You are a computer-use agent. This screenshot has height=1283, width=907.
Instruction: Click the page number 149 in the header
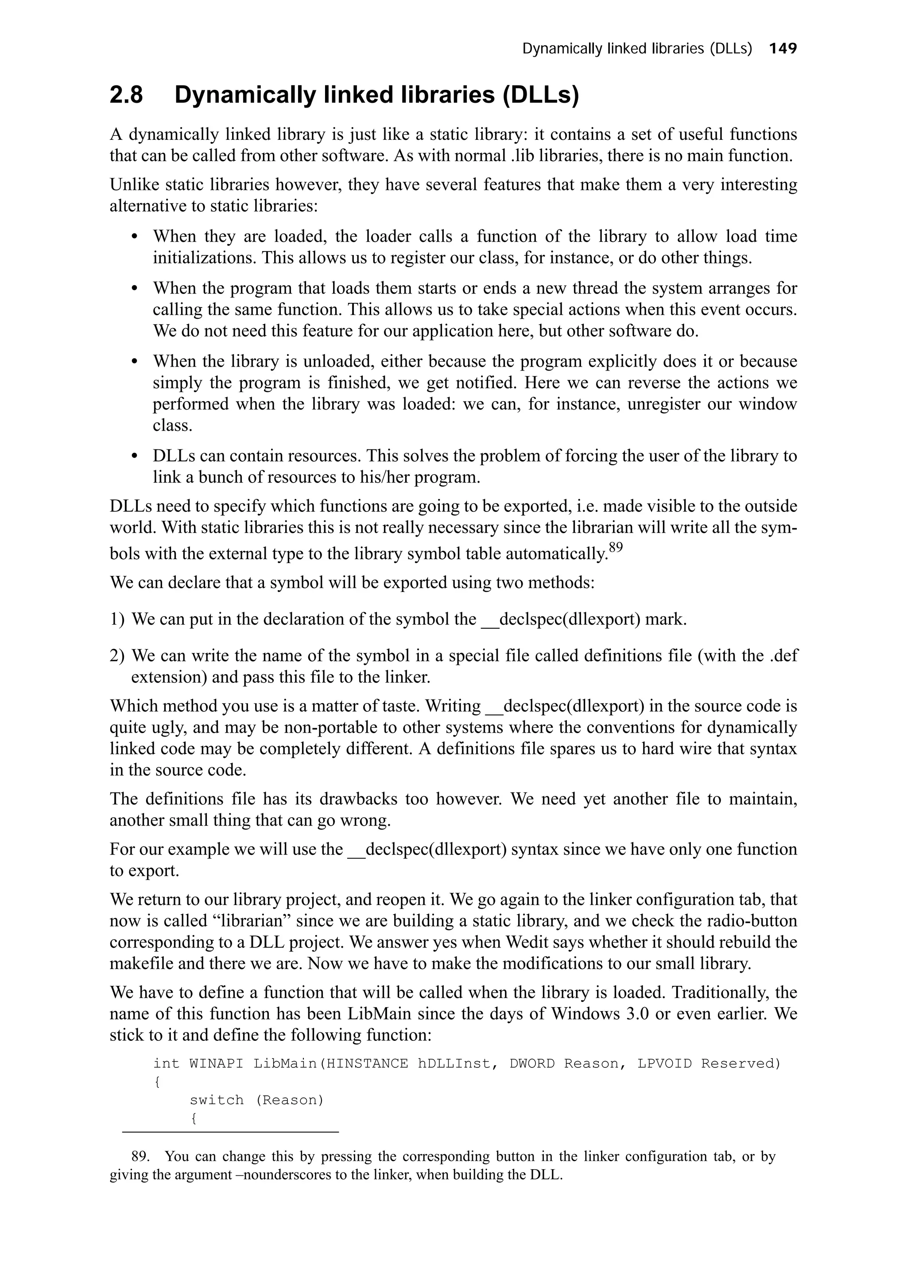click(783, 49)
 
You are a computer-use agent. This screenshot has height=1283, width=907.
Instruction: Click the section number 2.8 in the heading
click(126, 96)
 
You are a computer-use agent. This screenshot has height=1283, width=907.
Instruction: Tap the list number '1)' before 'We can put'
click(117, 619)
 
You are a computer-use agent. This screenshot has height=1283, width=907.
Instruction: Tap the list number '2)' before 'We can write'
click(117, 656)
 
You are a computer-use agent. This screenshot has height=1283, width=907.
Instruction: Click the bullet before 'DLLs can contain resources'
click(134, 456)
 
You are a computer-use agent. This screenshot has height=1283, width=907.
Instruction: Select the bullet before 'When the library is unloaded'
click(134, 362)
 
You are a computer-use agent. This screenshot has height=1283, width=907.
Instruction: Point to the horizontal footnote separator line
click(230, 1132)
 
